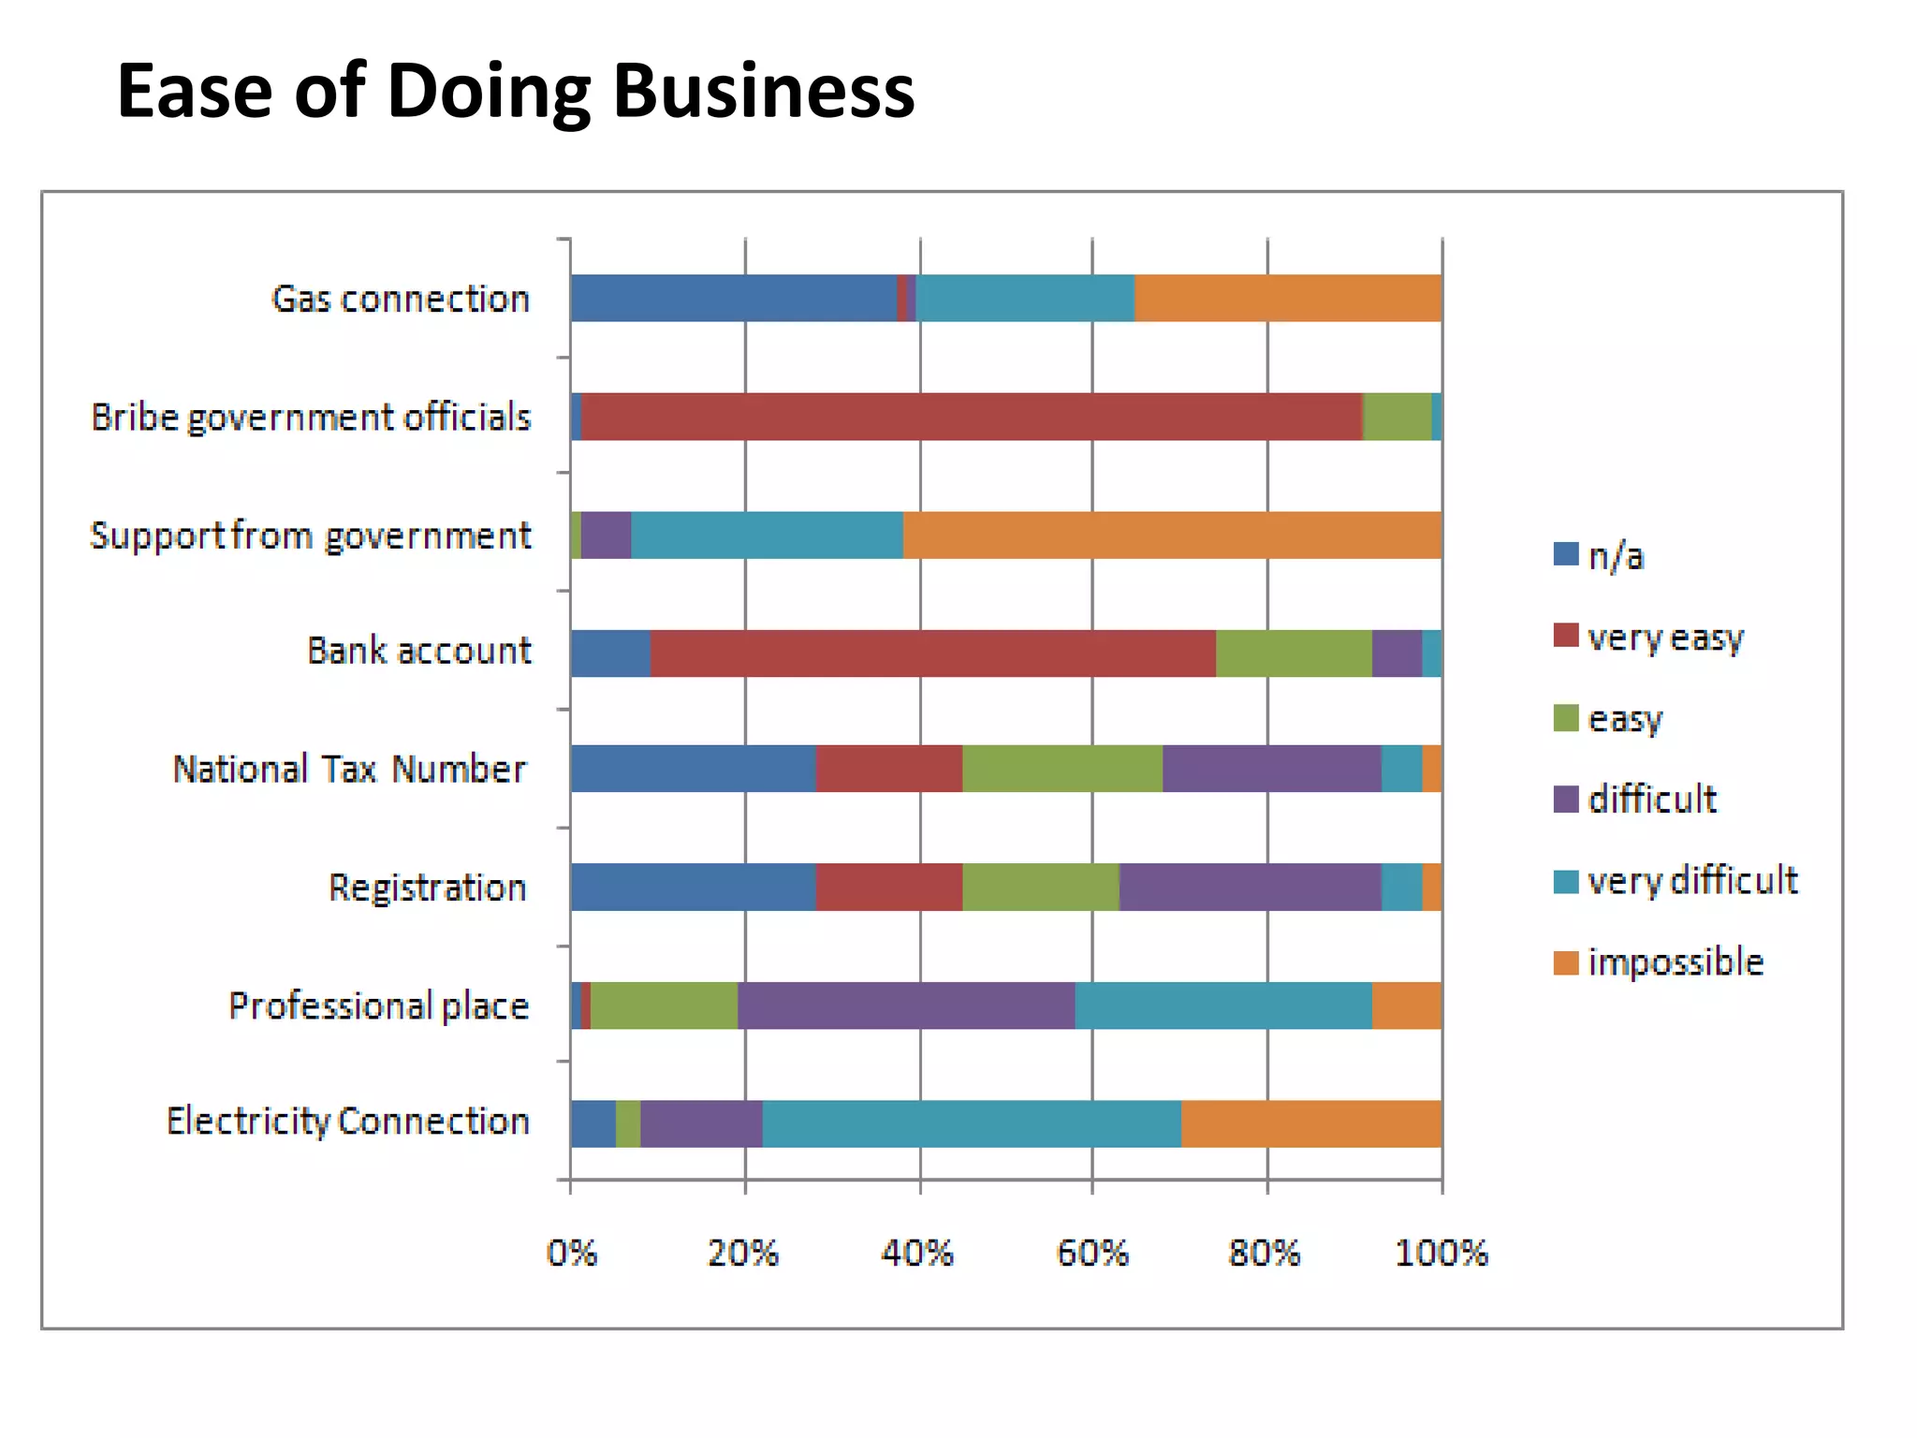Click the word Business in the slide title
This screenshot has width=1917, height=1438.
(763, 92)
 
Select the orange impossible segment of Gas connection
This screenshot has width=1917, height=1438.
(1287, 298)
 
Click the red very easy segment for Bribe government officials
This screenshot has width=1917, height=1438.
(971, 417)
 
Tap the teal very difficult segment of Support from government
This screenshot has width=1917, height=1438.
(767, 536)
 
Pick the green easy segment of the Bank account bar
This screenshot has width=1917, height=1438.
(1294, 653)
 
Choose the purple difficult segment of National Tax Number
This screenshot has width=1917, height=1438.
(1271, 769)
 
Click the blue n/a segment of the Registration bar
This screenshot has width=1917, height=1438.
(693, 887)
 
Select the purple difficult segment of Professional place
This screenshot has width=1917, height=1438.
(905, 1005)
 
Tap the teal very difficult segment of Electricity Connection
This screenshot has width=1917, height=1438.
(972, 1123)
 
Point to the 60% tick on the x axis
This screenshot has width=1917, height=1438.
(1092, 1253)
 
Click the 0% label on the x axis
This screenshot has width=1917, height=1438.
(571, 1253)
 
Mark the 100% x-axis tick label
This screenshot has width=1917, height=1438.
(1441, 1253)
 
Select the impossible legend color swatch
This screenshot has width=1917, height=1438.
(1566, 962)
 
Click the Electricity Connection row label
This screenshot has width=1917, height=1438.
(348, 1121)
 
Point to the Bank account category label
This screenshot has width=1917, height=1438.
(418, 651)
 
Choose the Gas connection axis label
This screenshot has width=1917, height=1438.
(401, 299)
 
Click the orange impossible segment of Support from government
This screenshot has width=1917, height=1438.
(1172, 536)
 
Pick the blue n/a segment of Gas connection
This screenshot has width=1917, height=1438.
(733, 298)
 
